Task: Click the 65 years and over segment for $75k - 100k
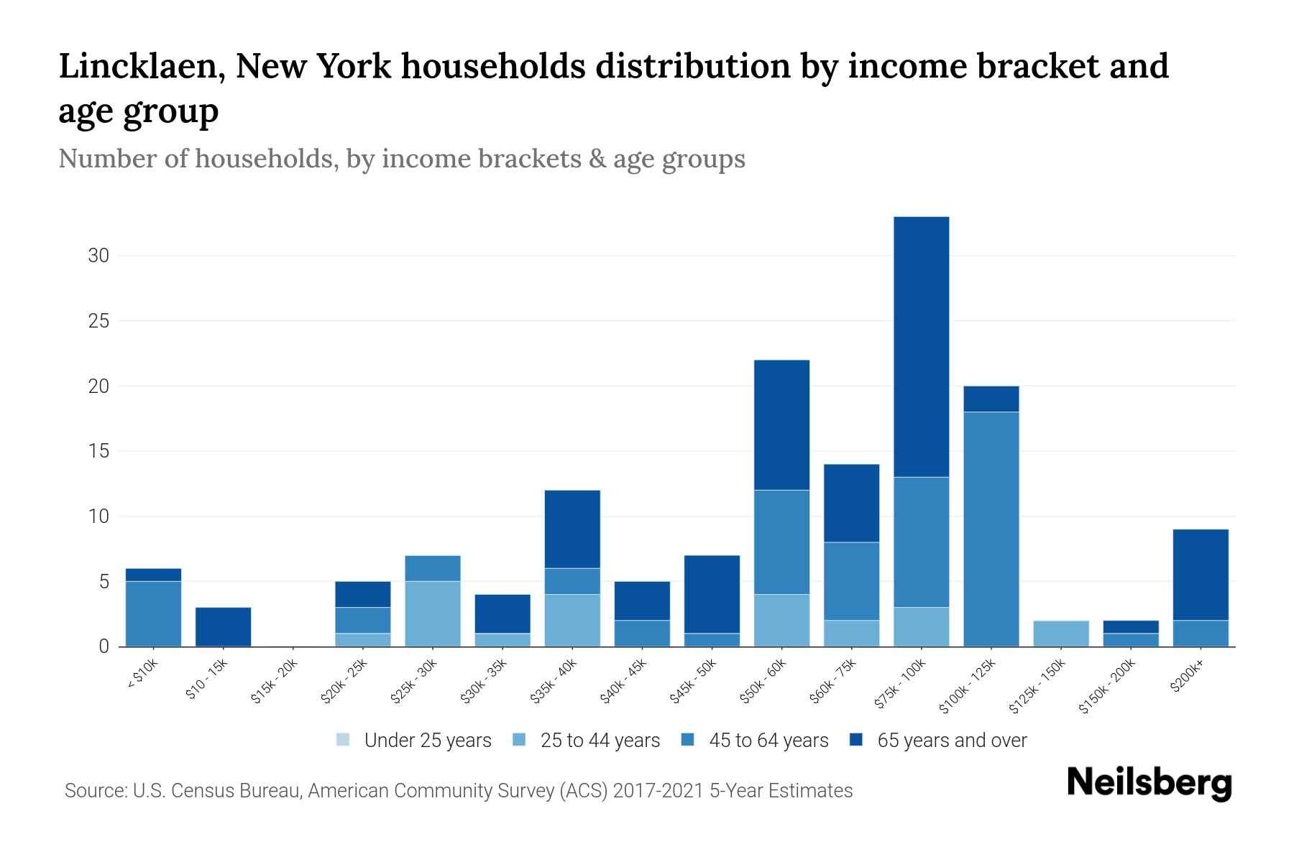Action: (921, 346)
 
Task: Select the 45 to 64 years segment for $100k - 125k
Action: (991, 529)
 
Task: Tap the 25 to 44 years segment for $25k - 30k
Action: (432, 613)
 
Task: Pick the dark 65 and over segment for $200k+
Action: (1200, 575)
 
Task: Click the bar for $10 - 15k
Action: (223, 626)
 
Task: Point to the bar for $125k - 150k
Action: (1060, 633)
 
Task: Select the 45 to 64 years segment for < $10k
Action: (153, 613)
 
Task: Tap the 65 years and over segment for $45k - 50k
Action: (712, 594)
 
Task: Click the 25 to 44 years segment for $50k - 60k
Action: (781, 620)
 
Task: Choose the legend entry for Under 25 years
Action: (413, 741)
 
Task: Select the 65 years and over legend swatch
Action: (855, 740)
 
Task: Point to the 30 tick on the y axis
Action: (98, 256)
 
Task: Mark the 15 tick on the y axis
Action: (98, 451)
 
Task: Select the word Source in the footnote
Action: (94, 791)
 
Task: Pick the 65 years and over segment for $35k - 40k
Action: (572, 529)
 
